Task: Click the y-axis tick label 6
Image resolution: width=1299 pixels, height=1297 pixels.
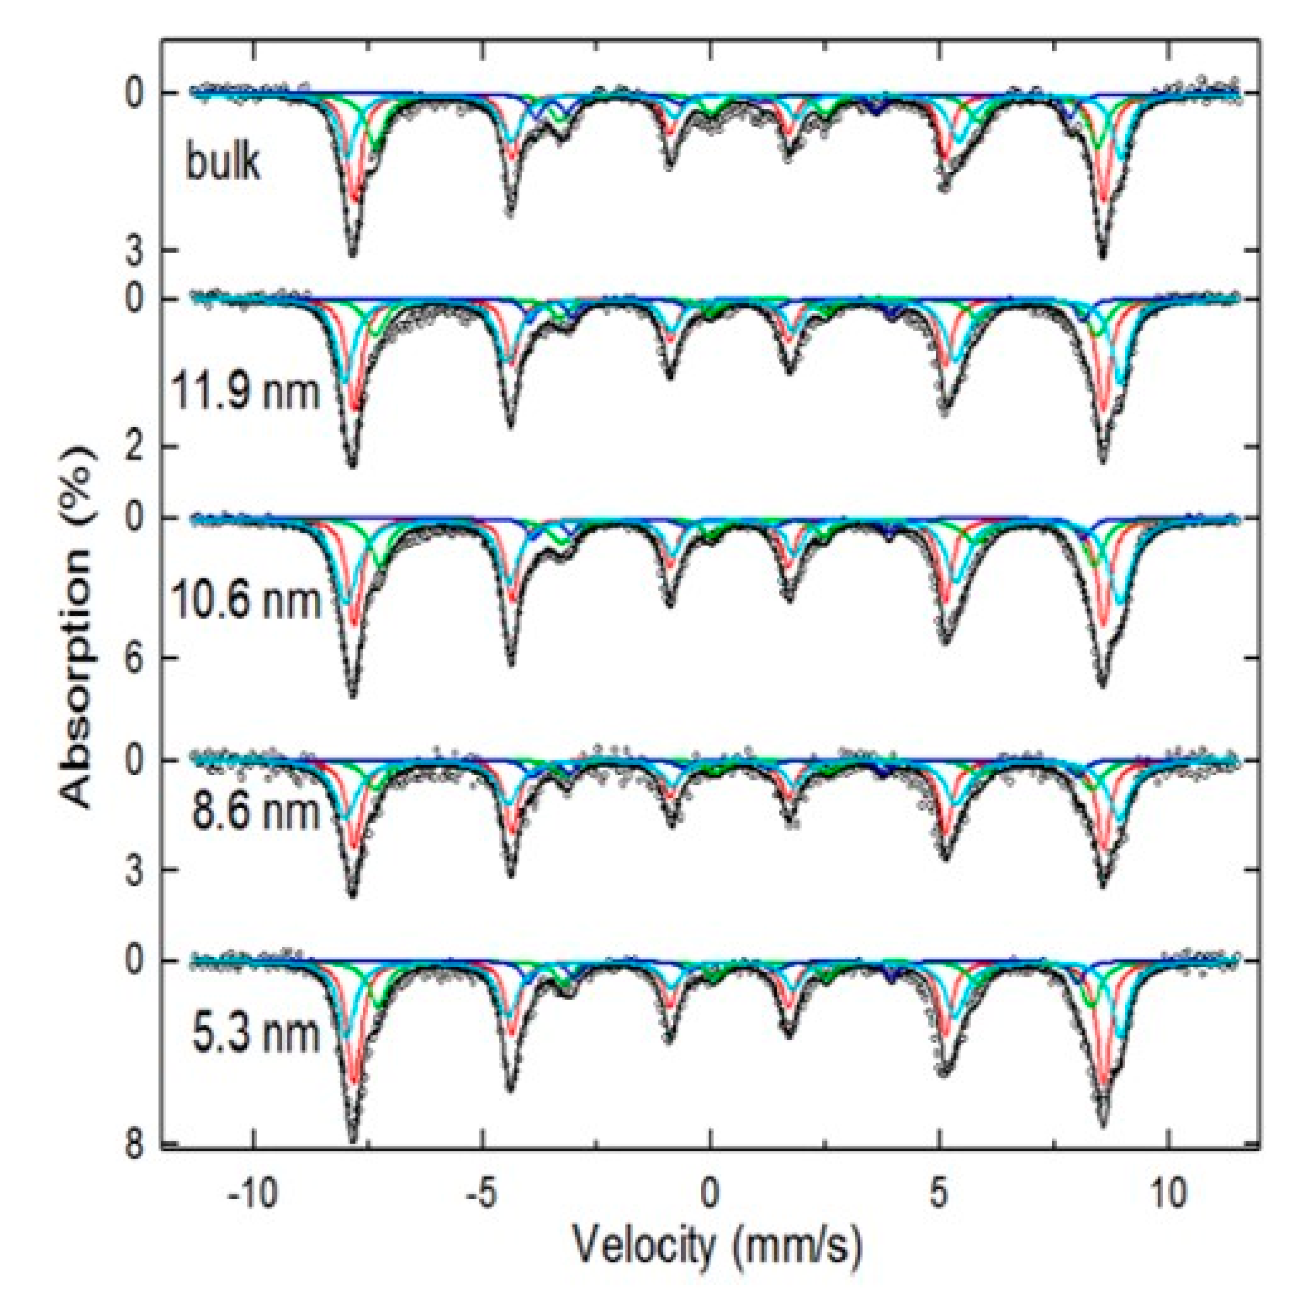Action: pos(135,658)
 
